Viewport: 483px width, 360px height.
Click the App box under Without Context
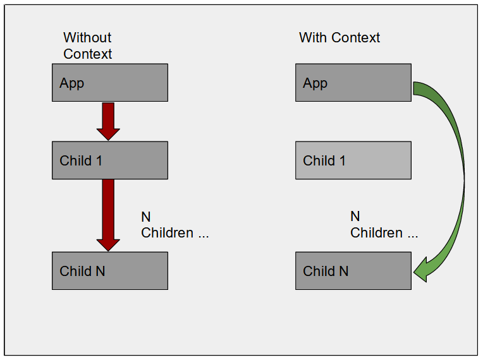[109, 83]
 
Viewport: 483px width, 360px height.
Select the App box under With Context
[353, 83]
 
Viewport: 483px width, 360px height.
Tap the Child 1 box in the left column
[109, 160]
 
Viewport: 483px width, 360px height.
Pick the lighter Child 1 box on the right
[353, 160]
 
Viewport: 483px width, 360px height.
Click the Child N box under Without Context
[109, 271]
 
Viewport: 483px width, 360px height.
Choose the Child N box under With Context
[353, 271]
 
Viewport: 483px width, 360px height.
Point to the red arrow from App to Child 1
[108, 120]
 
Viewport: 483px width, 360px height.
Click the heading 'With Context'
[339, 37]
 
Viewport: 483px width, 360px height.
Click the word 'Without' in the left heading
[87, 37]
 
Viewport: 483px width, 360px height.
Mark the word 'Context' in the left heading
[87, 54]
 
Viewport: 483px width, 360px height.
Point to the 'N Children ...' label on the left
[174, 225]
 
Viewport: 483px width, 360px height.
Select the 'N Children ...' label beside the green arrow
[384, 225]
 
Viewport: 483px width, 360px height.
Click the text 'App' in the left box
[71, 83]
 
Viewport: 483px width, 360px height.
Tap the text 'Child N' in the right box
[326, 271]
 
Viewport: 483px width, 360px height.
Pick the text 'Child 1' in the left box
[81, 160]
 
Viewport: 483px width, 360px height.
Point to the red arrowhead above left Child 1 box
[108, 133]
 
